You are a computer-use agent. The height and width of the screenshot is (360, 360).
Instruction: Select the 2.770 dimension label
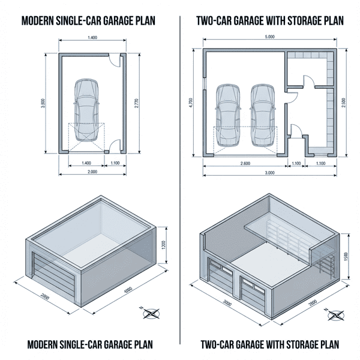[x=137, y=103]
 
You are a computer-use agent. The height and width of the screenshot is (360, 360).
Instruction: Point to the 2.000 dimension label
[x=92, y=172]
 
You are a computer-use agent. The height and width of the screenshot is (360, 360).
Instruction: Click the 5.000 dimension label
[x=269, y=37]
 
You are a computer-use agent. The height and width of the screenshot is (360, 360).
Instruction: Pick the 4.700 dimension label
[x=190, y=103]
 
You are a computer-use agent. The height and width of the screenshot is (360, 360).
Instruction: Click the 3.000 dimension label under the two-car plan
[x=269, y=173]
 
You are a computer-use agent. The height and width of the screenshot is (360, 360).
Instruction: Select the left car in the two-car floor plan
[x=227, y=115]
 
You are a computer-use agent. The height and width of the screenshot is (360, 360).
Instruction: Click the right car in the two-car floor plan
[x=262, y=115]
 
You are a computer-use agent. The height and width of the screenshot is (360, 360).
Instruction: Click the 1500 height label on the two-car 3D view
[x=346, y=257]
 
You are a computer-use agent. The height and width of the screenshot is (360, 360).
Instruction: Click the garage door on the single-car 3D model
[x=47, y=276]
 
